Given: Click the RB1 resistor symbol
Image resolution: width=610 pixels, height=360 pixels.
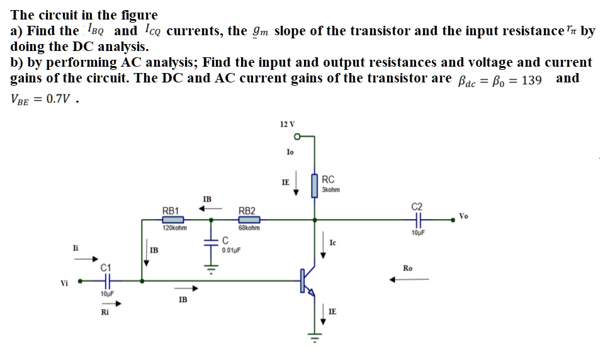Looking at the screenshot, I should [x=172, y=220].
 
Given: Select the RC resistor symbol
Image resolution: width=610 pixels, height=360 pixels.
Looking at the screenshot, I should [x=314, y=186].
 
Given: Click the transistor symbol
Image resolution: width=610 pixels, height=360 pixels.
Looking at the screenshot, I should [x=307, y=281].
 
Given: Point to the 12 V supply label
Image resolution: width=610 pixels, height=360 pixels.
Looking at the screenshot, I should [x=286, y=123].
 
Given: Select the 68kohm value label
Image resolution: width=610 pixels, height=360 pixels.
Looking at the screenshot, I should [x=249, y=228].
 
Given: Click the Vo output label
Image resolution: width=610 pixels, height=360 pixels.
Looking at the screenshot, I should [x=464, y=216].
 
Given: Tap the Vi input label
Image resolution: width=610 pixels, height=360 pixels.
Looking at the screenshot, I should [x=64, y=283].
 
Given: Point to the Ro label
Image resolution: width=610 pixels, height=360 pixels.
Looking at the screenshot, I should [x=407, y=269].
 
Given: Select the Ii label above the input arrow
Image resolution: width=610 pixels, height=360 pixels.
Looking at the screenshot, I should [x=76, y=249].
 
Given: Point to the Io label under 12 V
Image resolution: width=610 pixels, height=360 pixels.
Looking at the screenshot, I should [x=290, y=152].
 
